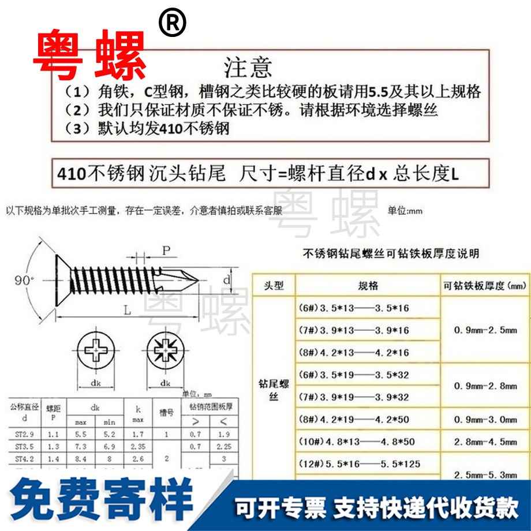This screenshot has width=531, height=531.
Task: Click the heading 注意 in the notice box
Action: [x=247, y=68]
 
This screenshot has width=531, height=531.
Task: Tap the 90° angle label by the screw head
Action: [x=24, y=281]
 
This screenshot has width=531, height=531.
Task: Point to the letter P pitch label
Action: [x=166, y=250]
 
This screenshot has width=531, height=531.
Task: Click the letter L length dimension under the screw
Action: [x=126, y=310]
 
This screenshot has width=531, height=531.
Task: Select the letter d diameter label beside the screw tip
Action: [x=227, y=280]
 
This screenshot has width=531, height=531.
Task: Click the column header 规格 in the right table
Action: [x=368, y=286]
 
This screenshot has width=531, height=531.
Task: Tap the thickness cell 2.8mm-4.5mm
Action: [x=485, y=442]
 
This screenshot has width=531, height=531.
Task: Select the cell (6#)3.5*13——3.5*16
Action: [x=352, y=308]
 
